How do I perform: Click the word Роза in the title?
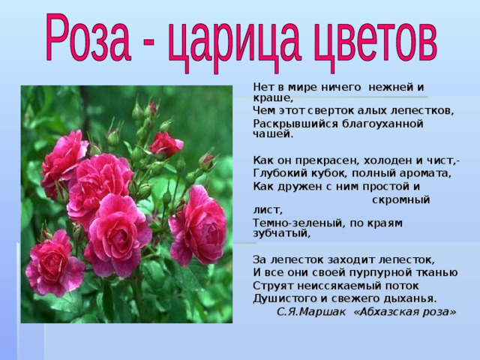tap(88, 37)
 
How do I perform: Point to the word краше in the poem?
tap(271, 98)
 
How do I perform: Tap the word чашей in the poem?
tap(273, 134)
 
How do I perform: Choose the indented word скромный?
tap(401, 200)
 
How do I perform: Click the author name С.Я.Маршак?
tap(311, 312)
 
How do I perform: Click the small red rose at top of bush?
tap(166, 144)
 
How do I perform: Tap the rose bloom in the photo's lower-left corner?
tap(54, 263)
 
